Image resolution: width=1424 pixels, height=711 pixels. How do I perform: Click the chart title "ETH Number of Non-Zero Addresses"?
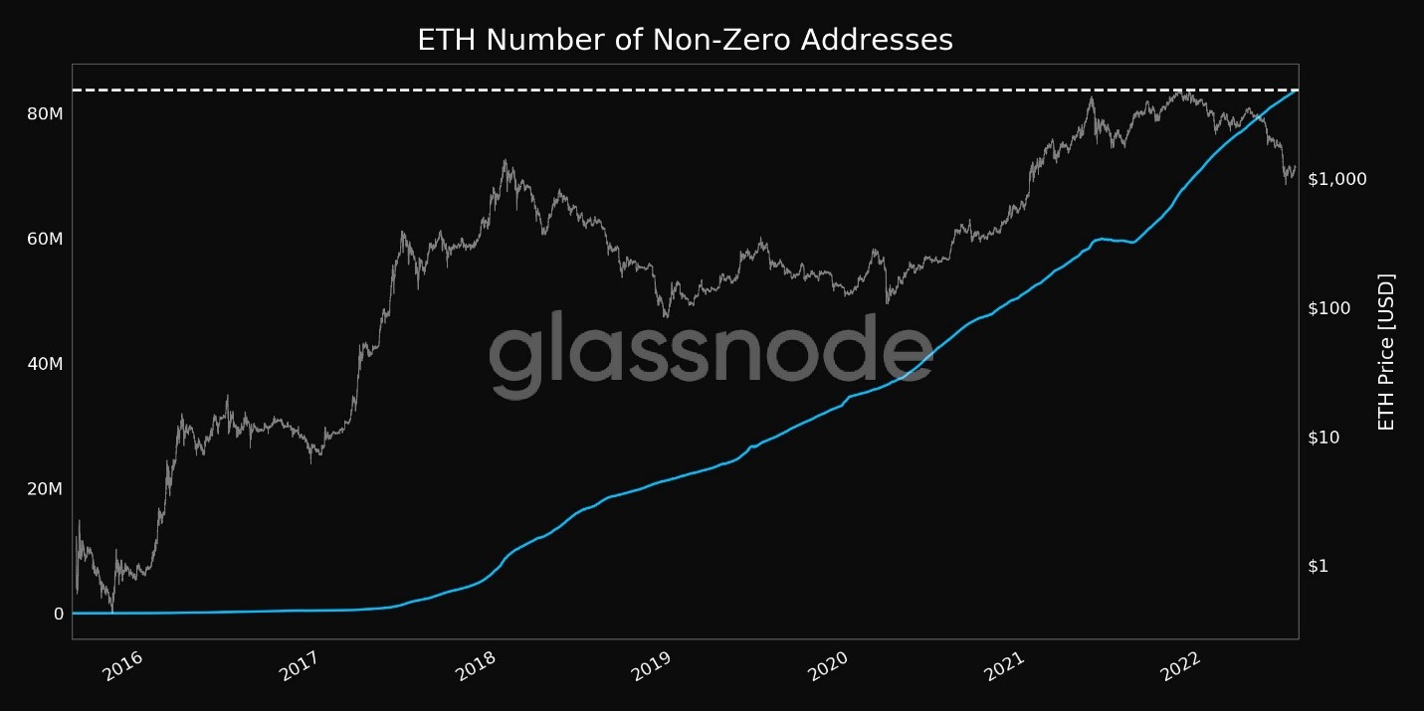coord(685,40)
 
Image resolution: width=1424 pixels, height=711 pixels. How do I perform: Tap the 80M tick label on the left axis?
coord(46,114)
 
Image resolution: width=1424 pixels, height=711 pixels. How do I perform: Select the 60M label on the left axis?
coord(46,240)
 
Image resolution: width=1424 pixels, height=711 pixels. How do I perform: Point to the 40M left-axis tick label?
coord(46,364)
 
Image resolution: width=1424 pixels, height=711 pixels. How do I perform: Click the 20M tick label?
coord(46,489)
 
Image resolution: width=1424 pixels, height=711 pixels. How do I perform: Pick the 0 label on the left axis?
coord(59,614)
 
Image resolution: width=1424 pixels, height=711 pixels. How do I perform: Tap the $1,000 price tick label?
coord(1337,179)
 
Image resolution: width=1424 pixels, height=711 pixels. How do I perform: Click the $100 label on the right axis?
coord(1329,308)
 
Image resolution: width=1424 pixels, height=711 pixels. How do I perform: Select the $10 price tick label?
coord(1325,438)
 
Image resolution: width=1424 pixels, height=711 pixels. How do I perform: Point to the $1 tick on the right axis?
coord(1319,566)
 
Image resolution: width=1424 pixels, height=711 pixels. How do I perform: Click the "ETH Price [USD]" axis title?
coord(1386,352)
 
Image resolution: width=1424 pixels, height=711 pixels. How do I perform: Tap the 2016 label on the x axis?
coord(124,665)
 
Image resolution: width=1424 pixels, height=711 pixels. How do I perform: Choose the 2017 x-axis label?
coord(300,665)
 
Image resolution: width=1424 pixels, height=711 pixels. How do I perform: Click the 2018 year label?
coord(475,665)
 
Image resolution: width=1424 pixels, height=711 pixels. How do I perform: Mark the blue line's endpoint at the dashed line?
coord(1296,91)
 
